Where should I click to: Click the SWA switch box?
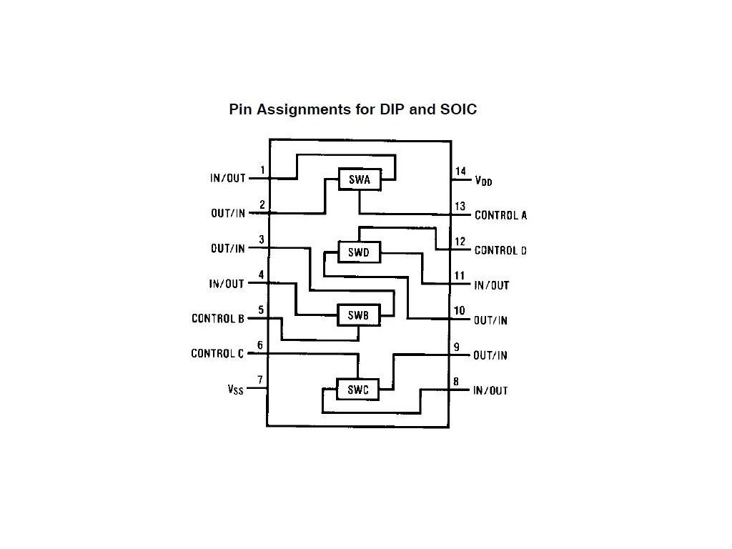pos(360,180)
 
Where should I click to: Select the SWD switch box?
pos(359,252)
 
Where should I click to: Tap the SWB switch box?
pos(358,315)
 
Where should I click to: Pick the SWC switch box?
pos(357,390)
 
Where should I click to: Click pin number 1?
pos(262,170)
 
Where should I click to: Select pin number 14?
pos(460,172)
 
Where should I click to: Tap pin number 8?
pos(455,382)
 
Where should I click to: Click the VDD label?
pos(483,181)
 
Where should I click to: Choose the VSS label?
pos(234,390)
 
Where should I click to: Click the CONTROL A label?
pos(500,215)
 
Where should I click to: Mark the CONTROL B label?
pos(218,319)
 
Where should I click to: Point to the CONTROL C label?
pos(217,354)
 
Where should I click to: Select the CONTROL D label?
pos(500,250)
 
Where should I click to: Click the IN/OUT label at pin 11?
pos(492,285)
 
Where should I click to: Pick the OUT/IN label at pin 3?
pos(227,249)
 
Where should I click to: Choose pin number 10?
pos(460,311)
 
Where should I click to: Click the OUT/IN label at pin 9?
pos(490,355)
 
